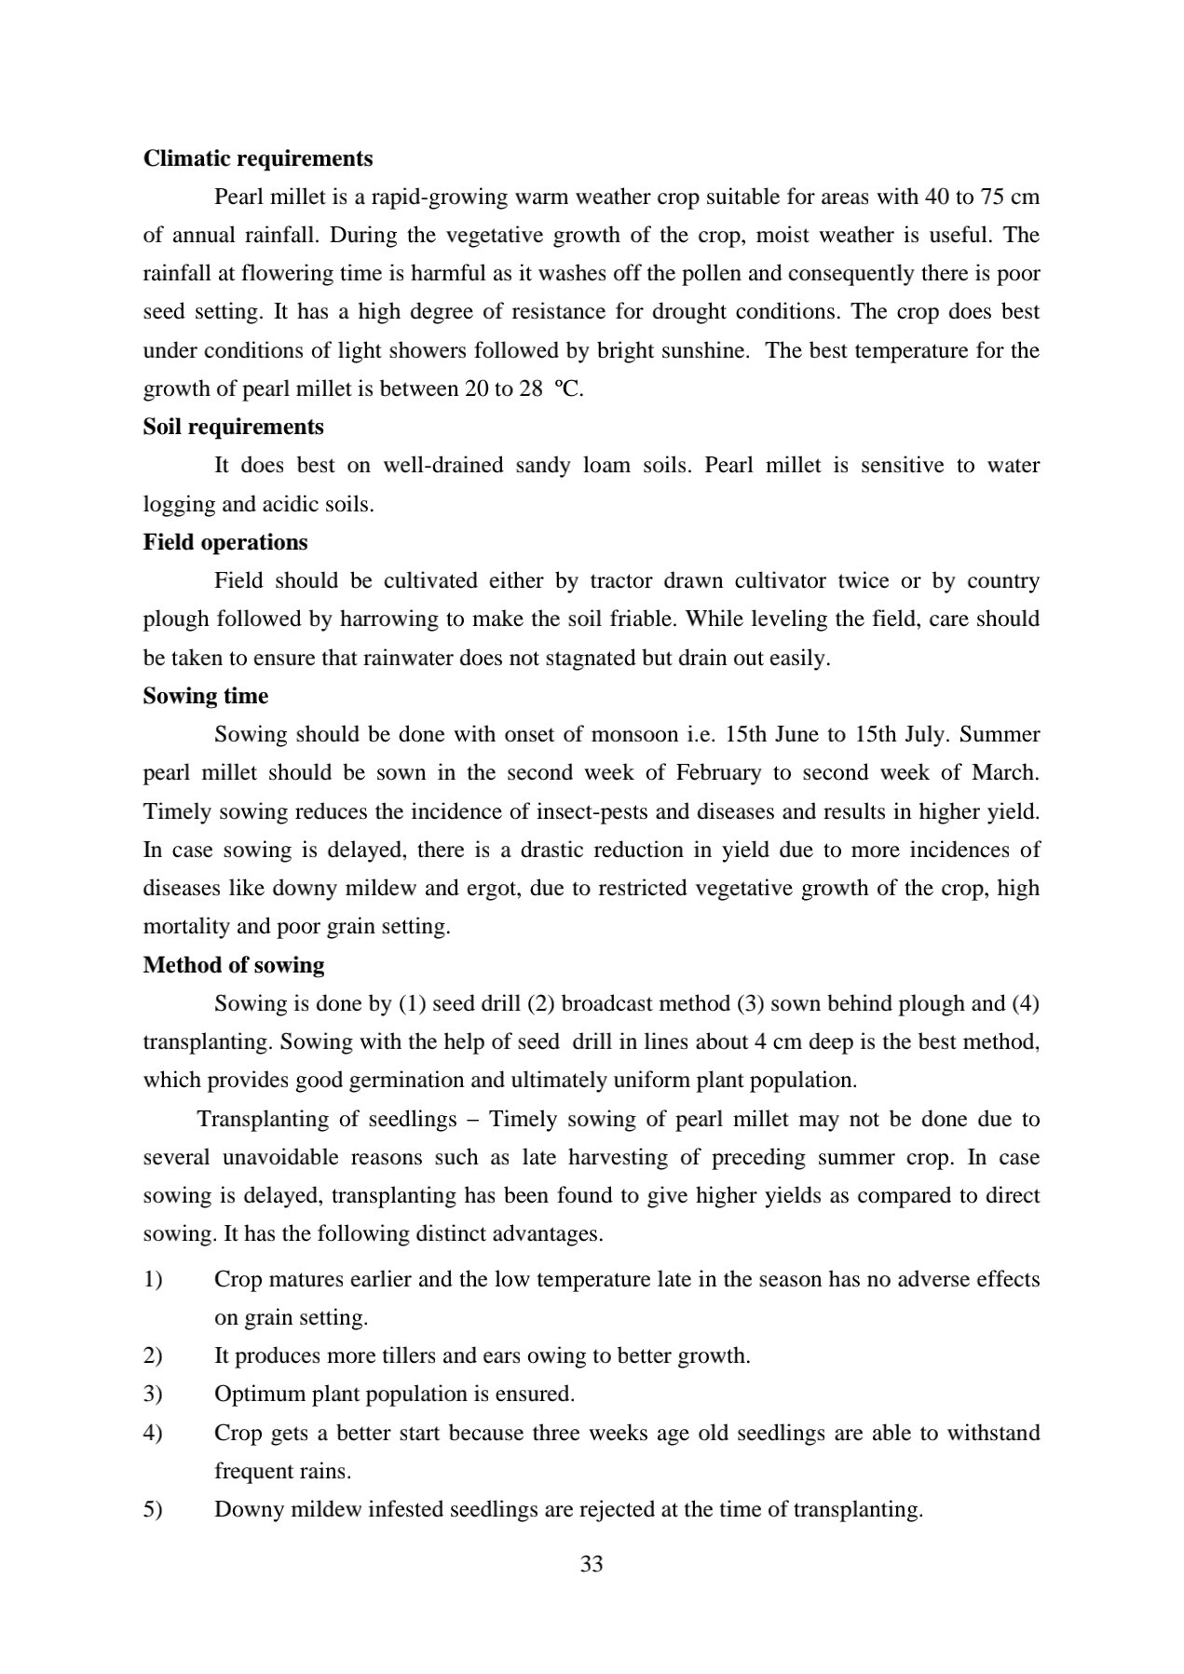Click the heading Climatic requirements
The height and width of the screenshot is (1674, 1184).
pyautogui.click(x=258, y=158)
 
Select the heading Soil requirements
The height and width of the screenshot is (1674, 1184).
pyautogui.click(x=234, y=427)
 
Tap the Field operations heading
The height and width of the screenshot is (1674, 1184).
pyautogui.click(x=225, y=542)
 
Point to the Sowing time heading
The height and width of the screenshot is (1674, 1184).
pyautogui.click(x=206, y=696)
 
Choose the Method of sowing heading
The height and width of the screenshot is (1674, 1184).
pyautogui.click(x=234, y=964)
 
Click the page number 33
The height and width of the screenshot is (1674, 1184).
pyautogui.click(x=592, y=1564)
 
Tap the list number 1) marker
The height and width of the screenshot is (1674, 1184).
pyautogui.click(x=153, y=1279)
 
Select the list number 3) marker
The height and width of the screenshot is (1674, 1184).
pyautogui.click(x=153, y=1394)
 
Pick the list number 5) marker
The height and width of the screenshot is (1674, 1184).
pyautogui.click(x=153, y=1509)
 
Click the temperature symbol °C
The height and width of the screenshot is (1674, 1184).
pyautogui.click(x=568, y=388)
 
